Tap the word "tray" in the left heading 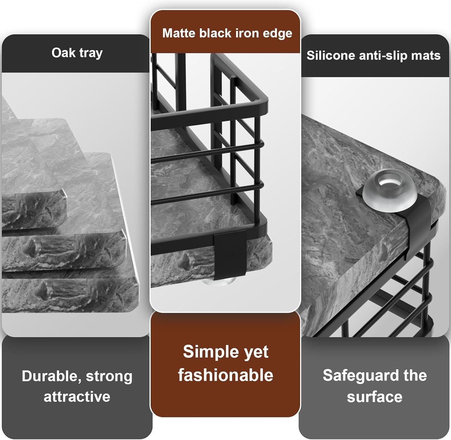(x=91, y=54)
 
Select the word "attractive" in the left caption (x=77, y=397)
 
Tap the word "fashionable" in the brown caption (x=226, y=375)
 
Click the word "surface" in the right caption (x=375, y=397)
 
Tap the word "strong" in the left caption (x=109, y=377)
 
